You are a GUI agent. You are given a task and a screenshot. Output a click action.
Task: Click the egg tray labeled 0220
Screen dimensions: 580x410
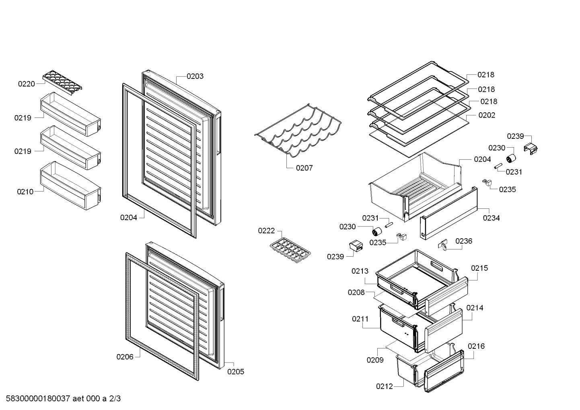tap(62, 82)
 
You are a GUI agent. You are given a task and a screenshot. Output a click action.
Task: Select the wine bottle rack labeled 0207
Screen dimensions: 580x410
tap(298, 131)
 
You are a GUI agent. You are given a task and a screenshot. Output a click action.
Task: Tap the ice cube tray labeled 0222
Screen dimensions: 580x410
tap(290, 250)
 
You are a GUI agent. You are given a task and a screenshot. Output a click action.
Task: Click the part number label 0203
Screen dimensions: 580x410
tap(195, 76)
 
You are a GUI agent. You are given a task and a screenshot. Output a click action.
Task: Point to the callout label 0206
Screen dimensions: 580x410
tap(125, 356)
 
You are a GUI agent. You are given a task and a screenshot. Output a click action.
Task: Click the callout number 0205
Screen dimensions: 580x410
tap(236, 372)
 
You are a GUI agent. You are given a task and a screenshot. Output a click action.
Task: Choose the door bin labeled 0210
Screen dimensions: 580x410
tap(70, 185)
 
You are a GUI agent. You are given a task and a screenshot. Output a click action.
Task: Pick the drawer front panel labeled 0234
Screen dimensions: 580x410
tap(449, 213)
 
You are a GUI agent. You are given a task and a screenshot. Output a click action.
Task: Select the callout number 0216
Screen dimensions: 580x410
tap(476, 346)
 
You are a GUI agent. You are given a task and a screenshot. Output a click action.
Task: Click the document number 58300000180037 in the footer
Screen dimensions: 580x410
tap(38, 398)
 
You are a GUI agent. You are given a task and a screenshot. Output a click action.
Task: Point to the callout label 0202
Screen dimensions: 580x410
tap(487, 115)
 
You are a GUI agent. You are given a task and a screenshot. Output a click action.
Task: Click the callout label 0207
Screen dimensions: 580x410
tap(304, 168)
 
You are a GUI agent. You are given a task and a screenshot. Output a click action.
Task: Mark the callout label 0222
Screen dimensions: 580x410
tap(266, 231)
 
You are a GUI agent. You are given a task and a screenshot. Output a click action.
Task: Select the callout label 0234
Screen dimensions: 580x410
tap(491, 218)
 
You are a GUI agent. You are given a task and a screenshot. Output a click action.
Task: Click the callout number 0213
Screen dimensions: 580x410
tap(360, 271)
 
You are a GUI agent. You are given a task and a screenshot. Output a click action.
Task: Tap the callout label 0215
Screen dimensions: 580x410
tap(479, 268)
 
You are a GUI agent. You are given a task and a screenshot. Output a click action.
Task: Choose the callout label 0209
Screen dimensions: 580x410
tap(375, 360)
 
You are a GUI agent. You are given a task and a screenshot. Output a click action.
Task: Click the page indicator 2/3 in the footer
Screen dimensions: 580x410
tap(115, 398)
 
